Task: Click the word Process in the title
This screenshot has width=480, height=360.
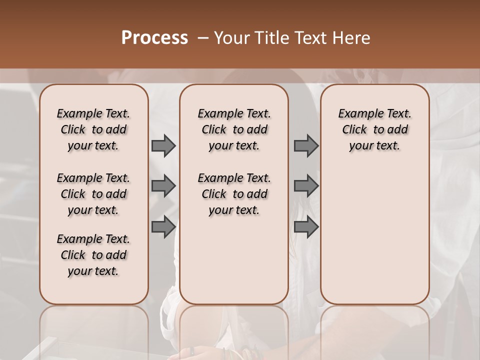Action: [x=154, y=38]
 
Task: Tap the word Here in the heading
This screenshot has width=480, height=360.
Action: [x=351, y=38]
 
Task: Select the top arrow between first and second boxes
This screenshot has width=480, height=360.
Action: [x=163, y=146]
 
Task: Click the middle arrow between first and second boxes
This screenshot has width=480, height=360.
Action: [x=163, y=186]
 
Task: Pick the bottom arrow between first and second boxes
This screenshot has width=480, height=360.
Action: [x=163, y=227]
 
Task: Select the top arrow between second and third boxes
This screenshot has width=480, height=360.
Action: [x=306, y=146]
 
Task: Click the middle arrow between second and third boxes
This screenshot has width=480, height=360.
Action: [x=306, y=186]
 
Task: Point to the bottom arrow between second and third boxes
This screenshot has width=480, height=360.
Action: [x=306, y=227]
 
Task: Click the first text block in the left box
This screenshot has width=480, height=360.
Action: [x=93, y=129]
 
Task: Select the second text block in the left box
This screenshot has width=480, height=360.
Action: [x=93, y=194]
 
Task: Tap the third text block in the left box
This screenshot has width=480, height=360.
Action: [x=93, y=255]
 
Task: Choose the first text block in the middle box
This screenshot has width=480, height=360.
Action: [x=234, y=129]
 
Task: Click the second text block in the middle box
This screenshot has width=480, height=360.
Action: [x=234, y=194]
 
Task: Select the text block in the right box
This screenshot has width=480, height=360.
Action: [x=374, y=129]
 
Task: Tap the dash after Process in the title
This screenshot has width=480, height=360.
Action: [x=203, y=38]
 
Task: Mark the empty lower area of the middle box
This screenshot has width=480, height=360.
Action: [x=234, y=260]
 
